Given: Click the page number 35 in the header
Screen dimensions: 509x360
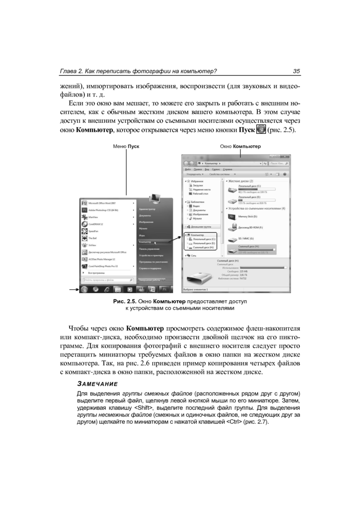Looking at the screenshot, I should (296, 72).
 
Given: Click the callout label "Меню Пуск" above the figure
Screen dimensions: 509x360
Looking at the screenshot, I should (126, 146).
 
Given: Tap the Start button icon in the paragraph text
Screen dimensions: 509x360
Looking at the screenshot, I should (261, 130).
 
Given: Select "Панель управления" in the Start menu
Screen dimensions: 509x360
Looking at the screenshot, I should (149, 249).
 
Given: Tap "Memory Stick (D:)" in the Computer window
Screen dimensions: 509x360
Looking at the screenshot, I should (249, 217).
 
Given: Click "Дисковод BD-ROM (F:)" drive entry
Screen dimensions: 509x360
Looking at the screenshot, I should (251, 228).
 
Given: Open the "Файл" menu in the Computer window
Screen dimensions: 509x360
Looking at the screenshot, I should (187, 169).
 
